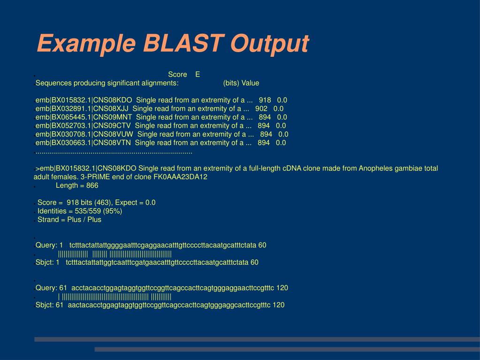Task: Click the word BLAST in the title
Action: coord(183,43)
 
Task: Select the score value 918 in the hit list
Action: coord(265,100)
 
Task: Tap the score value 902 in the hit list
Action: coord(261,109)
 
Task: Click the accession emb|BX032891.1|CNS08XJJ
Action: coord(82,109)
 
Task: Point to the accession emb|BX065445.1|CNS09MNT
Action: coord(84,117)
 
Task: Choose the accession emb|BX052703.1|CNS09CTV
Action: coord(83,126)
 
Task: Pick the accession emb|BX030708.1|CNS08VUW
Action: coord(84,134)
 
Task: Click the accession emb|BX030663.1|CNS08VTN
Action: coord(83,143)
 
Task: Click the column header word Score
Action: coord(177,74)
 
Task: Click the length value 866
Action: coord(92,185)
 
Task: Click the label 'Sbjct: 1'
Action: coord(47,262)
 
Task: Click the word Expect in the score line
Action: coord(126,203)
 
